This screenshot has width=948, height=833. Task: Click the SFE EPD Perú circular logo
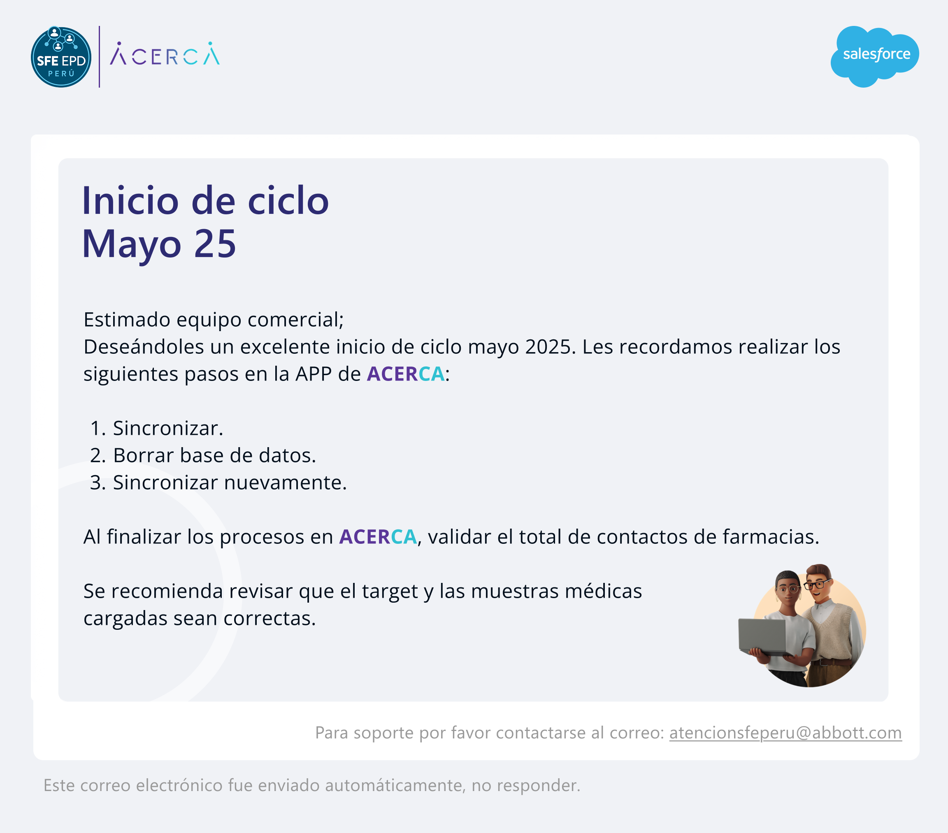click(61, 57)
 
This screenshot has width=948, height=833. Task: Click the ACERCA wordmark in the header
click(165, 54)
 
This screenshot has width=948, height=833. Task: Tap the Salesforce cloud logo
click(875, 56)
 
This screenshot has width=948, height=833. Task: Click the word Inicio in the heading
click(130, 201)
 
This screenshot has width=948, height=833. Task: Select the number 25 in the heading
click(215, 244)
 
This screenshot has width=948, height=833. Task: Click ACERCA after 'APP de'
click(406, 374)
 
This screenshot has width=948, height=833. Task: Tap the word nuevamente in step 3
click(285, 483)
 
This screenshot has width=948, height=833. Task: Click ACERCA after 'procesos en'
click(378, 537)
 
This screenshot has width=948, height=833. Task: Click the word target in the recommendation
click(390, 592)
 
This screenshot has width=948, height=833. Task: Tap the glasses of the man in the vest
click(817, 583)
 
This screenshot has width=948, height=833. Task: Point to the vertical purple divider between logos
click(99, 57)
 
